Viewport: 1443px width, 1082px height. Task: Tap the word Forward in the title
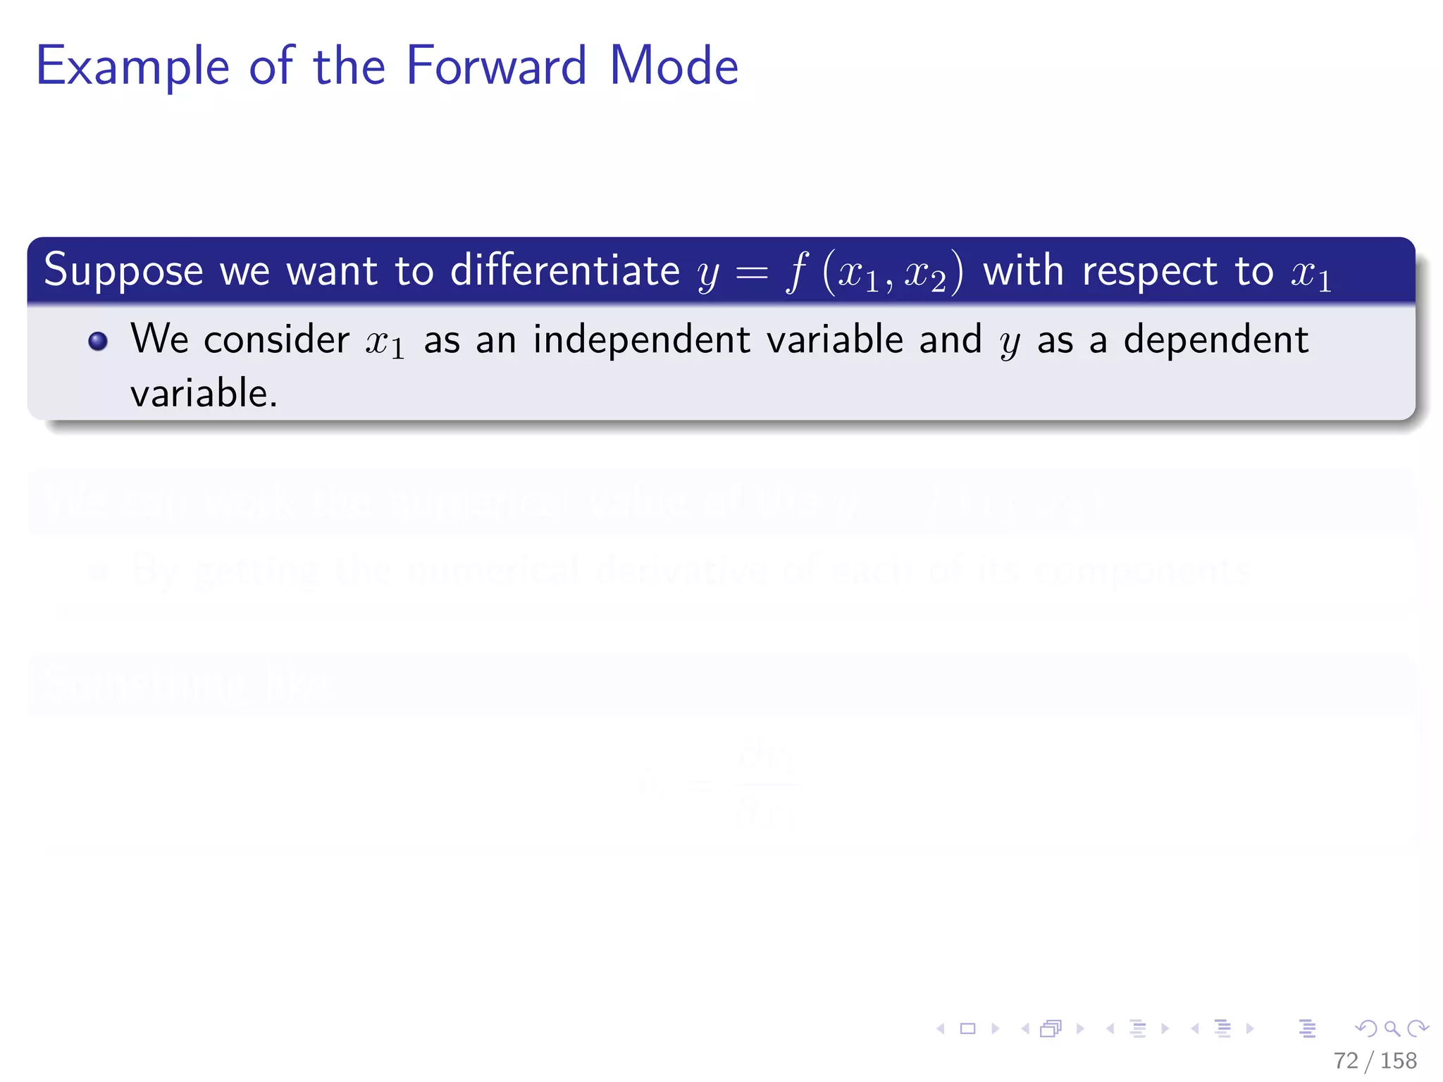click(496, 66)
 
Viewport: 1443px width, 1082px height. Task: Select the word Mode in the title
click(674, 66)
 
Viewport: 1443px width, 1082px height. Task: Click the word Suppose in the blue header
click(123, 271)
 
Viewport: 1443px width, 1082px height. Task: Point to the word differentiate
click(565, 270)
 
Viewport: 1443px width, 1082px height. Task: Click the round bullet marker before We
click(98, 342)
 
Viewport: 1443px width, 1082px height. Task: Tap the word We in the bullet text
click(159, 339)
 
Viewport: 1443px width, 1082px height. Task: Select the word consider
click(276, 340)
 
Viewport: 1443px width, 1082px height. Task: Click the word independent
click(641, 340)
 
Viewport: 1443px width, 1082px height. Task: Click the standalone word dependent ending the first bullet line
click(1215, 340)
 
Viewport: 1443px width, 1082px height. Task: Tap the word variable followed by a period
click(203, 393)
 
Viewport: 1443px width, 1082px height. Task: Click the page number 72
click(1345, 1060)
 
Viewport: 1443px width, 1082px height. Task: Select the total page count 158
click(1398, 1060)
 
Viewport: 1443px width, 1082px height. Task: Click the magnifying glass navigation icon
click(1392, 1028)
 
